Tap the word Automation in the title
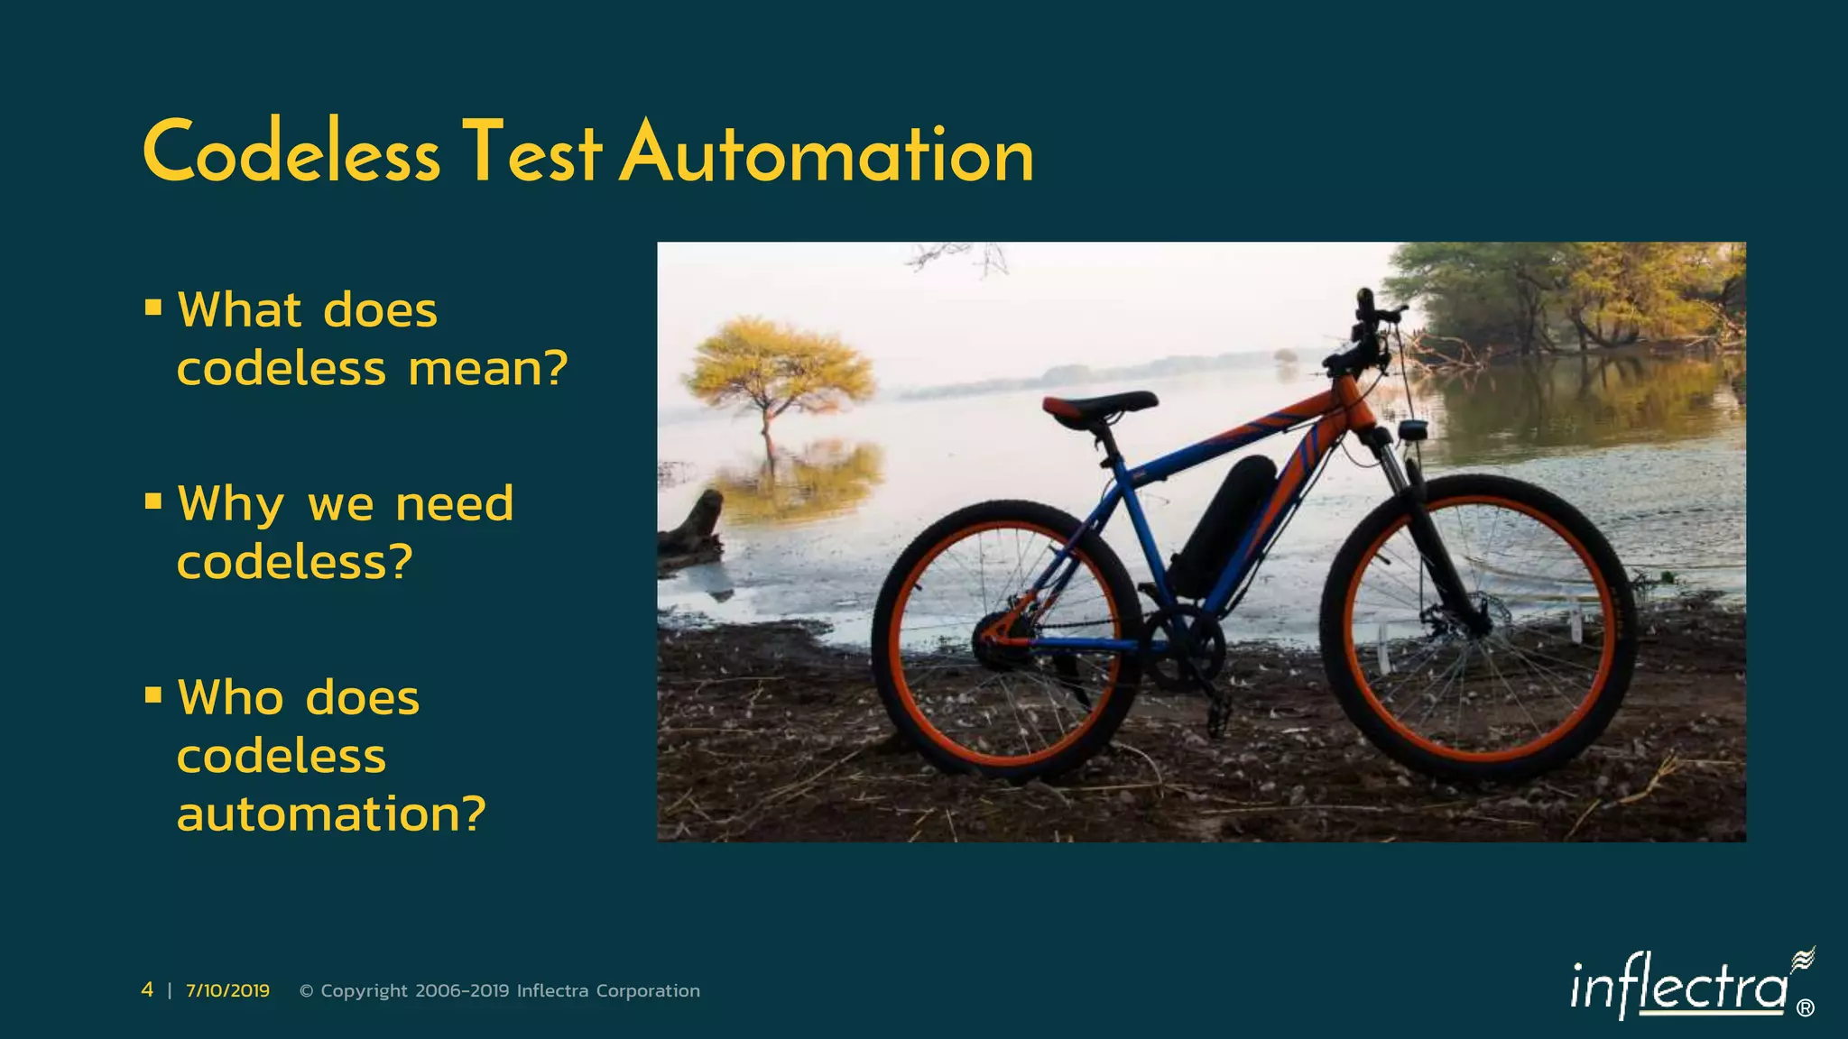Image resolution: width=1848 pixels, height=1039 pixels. [x=827, y=153]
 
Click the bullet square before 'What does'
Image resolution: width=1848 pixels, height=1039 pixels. [x=153, y=308]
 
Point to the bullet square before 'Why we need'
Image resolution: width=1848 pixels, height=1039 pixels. [x=153, y=501]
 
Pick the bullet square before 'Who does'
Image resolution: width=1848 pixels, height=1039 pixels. [x=153, y=695]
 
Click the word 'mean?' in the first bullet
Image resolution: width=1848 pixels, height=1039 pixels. [x=488, y=369]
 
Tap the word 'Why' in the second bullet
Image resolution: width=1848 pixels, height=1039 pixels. [x=231, y=503]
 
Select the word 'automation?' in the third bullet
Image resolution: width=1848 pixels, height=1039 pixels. [x=331, y=814]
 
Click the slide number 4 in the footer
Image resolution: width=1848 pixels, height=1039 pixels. [x=147, y=990]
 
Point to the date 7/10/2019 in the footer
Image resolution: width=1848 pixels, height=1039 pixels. [x=227, y=990]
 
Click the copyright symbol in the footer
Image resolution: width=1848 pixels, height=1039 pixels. [x=306, y=991]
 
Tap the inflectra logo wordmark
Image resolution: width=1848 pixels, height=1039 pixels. [x=1678, y=988]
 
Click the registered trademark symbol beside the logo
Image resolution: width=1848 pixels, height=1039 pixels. [x=1805, y=1008]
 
